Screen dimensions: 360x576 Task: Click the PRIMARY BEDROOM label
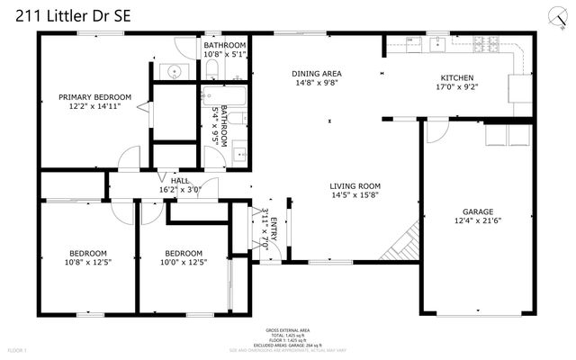coord(94,97)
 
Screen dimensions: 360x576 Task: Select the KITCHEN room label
coord(456,78)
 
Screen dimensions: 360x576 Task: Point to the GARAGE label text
coord(478,212)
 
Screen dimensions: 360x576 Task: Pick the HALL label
coord(180,181)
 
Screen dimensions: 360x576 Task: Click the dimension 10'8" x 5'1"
coord(224,54)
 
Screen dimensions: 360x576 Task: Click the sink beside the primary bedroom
coord(173,70)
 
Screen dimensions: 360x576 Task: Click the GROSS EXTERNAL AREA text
coord(288,330)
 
